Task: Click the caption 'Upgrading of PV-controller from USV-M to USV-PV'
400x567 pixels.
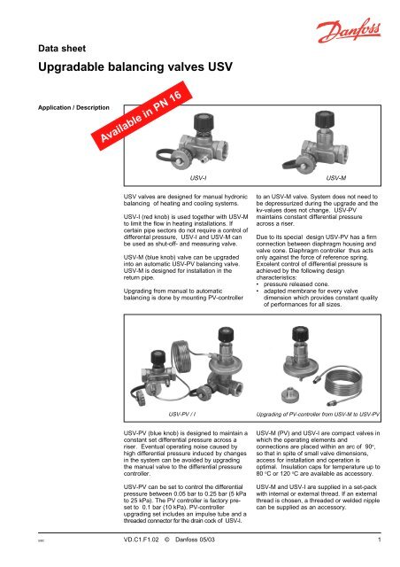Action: tap(317, 413)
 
